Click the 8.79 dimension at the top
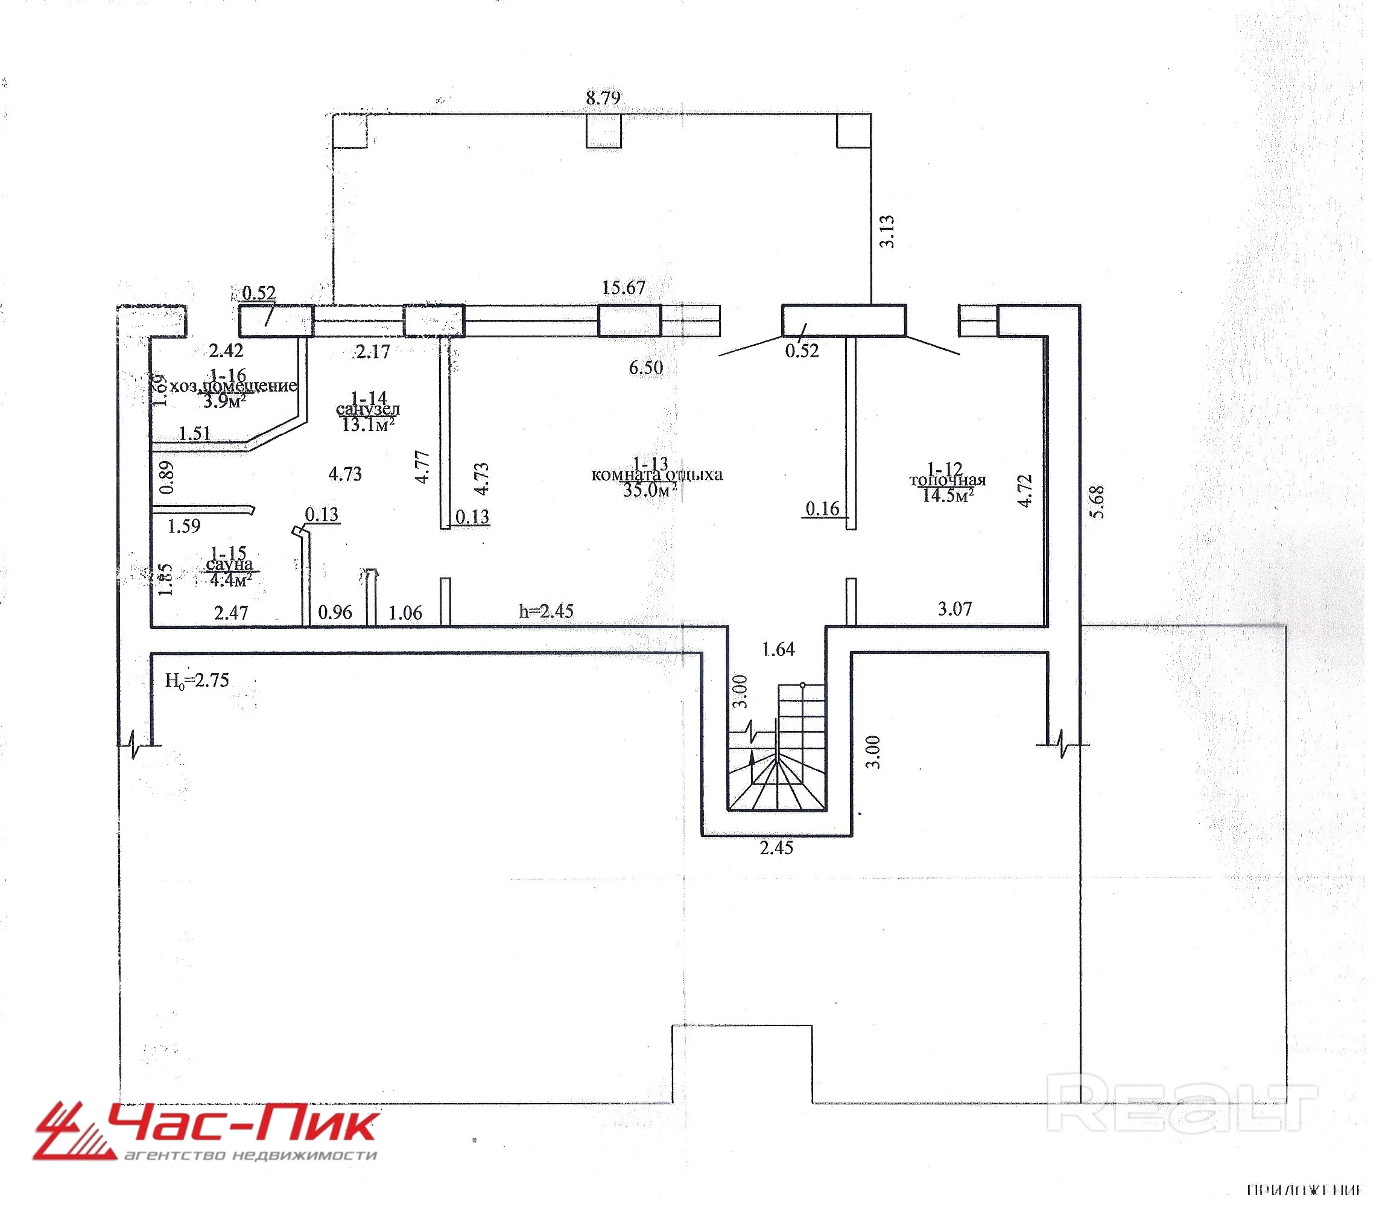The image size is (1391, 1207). (603, 98)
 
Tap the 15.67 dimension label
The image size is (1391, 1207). (623, 288)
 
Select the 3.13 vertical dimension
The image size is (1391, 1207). (888, 231)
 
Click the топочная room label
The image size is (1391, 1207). (947, 480)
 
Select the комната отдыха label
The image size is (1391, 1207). (656, 474)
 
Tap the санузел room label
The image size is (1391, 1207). (367, 409)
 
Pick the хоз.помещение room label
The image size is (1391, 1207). (232, 386)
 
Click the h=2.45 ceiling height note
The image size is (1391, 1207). (546, 611)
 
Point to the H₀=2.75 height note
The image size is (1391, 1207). (197, 680)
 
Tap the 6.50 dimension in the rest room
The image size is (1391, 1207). (645, 368)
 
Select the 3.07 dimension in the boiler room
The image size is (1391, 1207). (955, 609)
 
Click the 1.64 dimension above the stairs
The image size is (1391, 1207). (778, 649)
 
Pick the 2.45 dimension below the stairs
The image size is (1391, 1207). (776, 847)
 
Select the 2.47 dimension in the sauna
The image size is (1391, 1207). (231, 613)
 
